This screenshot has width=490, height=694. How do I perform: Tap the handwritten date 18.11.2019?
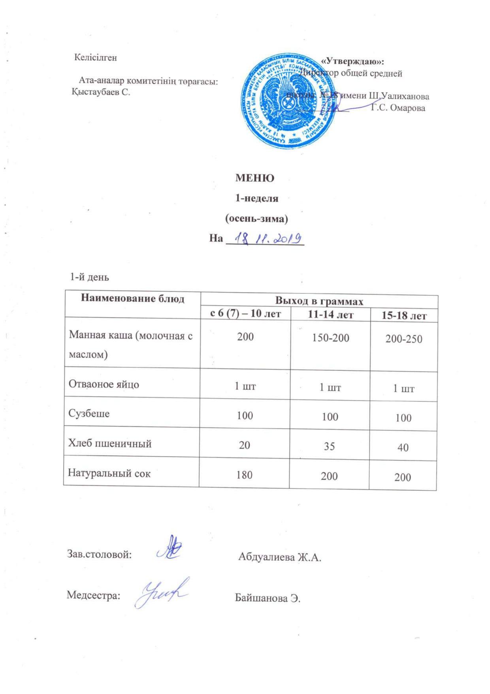(x=268, y=239)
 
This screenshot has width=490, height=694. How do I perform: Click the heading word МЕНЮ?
(x=255, y=178)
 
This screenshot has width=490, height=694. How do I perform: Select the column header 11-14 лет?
(x=330, y=315)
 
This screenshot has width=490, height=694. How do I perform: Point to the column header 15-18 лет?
(x=403, y=316)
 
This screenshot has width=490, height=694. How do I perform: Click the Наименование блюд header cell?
(x=132, y=299)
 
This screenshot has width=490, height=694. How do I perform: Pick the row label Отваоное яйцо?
(x=104, y=384)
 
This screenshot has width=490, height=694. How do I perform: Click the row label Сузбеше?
(x=89, y=414)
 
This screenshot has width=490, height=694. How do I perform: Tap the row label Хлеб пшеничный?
(x=110, y=443)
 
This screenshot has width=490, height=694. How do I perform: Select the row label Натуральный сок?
(x=109, y=473)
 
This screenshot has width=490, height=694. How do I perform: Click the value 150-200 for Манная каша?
(x=330, y=338)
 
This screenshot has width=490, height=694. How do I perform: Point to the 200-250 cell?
(x=403, y=339)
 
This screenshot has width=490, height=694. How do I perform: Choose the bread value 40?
(x=403, y=448)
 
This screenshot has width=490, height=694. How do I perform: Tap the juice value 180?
(x=245, y=475)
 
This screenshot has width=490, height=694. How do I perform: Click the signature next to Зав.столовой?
(x=169, y=548)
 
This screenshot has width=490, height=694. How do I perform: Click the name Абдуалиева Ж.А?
(x=280, y=557)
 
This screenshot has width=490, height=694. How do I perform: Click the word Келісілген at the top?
(x=96, y=58)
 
